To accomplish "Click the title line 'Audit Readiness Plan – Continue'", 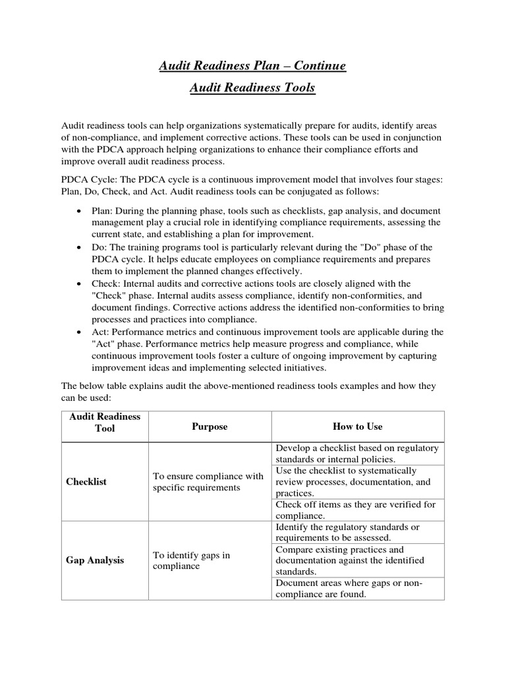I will [x=252, y=66].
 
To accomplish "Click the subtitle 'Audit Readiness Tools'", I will [x=252, y=88].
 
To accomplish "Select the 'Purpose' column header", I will [x=210, y=426].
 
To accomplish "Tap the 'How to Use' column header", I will [x=358, y=426].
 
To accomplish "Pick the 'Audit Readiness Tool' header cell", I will [x=105, y=423].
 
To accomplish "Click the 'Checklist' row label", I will [x=86, y=482].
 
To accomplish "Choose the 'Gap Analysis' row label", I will [x=95, y=560].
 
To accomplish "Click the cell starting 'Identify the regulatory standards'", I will [x=347, y=533].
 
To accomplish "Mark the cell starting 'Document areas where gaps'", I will [x=349, y=589].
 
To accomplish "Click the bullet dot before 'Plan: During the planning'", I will [x=79, y=211].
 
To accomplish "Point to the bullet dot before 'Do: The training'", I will [x=79, y=248].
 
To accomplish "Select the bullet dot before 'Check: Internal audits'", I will [x=79, y=283].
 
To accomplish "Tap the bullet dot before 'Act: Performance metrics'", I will [x=79, y=332].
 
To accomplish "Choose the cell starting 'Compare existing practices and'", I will [x=350, y=560].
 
